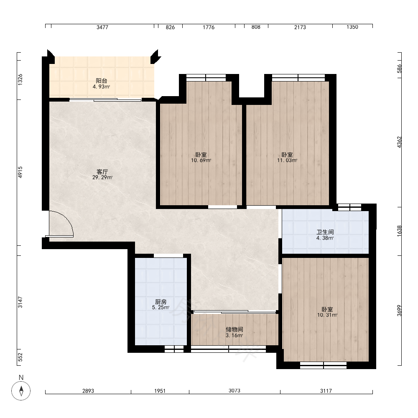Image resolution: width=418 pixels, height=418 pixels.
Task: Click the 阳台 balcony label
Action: coord(101,81)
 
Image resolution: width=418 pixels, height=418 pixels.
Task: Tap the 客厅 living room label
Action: coord(102,172)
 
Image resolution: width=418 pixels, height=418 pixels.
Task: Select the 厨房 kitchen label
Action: coord(161,302)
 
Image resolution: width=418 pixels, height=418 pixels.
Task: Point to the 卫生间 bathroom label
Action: coord(325,232)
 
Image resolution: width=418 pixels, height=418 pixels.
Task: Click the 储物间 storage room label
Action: coord(234,329)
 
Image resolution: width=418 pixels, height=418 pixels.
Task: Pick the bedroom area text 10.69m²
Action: coord(201,161)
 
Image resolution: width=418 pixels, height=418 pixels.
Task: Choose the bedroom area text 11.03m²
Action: coord(287,161)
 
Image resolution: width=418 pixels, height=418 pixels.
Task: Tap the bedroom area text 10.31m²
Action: coord(327,315)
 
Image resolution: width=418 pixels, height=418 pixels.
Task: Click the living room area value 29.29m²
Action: coord(102,178)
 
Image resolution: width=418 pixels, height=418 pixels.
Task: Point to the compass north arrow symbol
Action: coord(21,391)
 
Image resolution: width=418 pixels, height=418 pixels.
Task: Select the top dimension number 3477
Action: coord(102,27)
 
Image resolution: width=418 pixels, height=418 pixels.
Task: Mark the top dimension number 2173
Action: coord(300,27)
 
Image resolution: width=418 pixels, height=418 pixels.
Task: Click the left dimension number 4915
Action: coord(20,172)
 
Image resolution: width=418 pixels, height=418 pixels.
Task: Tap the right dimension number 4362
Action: coord(399,142)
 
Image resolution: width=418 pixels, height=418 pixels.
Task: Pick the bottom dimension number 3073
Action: coord(234,390)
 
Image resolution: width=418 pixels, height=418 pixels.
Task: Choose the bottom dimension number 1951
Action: coord(160,391)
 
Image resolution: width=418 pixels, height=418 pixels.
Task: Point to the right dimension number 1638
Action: coord(399,231)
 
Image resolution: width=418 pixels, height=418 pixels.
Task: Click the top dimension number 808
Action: coord(256,27)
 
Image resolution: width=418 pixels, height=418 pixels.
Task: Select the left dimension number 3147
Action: coord(20,302)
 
